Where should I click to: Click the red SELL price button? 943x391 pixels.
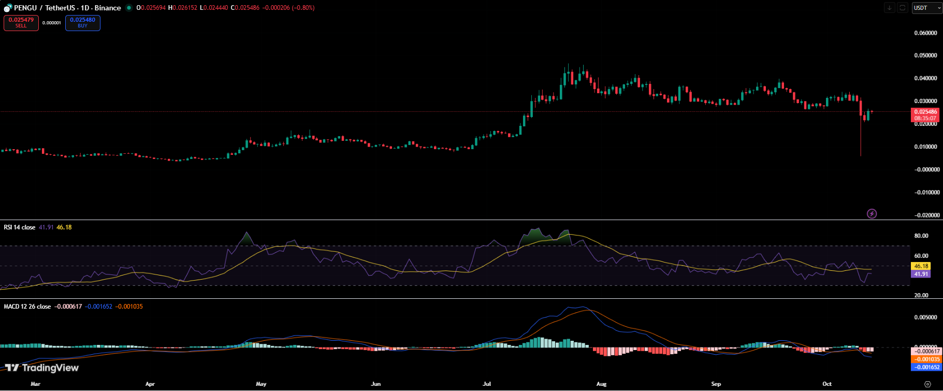coord(21,23)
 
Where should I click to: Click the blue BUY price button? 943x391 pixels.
coord(83,23)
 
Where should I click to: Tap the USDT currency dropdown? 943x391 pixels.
coord(926,8)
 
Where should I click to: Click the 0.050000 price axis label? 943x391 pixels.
coord(925,55)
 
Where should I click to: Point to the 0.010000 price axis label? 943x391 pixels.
coord(925,147)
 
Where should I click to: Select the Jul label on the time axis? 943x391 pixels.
coord(487,384)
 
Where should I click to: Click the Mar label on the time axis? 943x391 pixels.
coord(35,384)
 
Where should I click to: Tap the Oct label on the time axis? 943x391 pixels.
coord(827,384)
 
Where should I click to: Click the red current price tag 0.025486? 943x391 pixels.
coord(925,112)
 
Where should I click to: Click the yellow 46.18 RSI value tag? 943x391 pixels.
coord(921,266)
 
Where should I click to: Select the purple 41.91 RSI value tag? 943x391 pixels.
coord(921,274)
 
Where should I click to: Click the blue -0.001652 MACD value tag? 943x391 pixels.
coord(926,367)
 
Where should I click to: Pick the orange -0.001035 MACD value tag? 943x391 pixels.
coord(926,359)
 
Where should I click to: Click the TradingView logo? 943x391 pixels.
coord(42,368)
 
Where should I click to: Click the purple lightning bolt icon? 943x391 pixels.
coord(872,213)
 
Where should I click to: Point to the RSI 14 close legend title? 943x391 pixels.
coord(20,227)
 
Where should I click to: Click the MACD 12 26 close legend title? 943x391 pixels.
coord(27,307)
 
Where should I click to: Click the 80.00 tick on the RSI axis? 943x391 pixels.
coord(921,236)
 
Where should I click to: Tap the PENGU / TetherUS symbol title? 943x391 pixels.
coord(67,8)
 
